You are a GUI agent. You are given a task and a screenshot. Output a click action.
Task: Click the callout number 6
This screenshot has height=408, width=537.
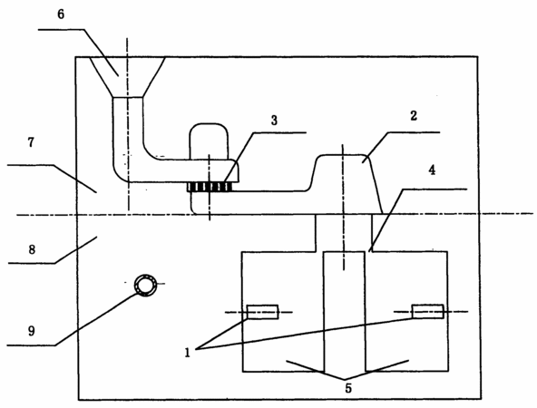61,15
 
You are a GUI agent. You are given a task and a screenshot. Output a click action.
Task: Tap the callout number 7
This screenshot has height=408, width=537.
31,142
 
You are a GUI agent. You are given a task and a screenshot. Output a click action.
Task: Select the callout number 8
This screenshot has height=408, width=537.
32,250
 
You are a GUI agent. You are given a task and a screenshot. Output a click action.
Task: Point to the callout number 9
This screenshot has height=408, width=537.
31,331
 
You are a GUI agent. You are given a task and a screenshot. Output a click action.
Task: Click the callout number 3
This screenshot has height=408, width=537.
274,121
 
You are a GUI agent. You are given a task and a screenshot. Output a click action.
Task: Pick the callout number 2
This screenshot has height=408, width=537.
414,116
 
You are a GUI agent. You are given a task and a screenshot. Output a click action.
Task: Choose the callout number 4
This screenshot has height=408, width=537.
432,170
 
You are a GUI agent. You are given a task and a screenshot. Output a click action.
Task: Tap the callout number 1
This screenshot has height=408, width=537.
188,353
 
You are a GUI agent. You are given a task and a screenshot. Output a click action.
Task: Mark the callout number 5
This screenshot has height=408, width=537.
348,388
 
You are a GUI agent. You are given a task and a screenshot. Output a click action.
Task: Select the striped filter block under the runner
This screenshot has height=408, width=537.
210,188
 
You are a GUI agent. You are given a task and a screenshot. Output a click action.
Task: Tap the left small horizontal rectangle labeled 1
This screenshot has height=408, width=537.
263,312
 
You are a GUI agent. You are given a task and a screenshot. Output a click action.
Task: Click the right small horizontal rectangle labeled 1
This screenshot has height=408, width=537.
428,312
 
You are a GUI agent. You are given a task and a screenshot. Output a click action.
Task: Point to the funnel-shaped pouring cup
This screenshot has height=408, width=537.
127,77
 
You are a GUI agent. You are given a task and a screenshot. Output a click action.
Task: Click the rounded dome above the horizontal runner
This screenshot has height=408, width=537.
209,141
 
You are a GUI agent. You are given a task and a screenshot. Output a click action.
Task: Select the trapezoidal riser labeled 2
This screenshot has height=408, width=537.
346,184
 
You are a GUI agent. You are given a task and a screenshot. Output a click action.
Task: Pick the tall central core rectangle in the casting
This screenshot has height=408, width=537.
344,312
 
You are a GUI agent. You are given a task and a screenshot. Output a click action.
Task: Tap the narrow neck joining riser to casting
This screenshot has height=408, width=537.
344,233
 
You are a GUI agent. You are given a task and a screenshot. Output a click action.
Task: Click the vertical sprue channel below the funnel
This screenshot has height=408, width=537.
128,130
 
